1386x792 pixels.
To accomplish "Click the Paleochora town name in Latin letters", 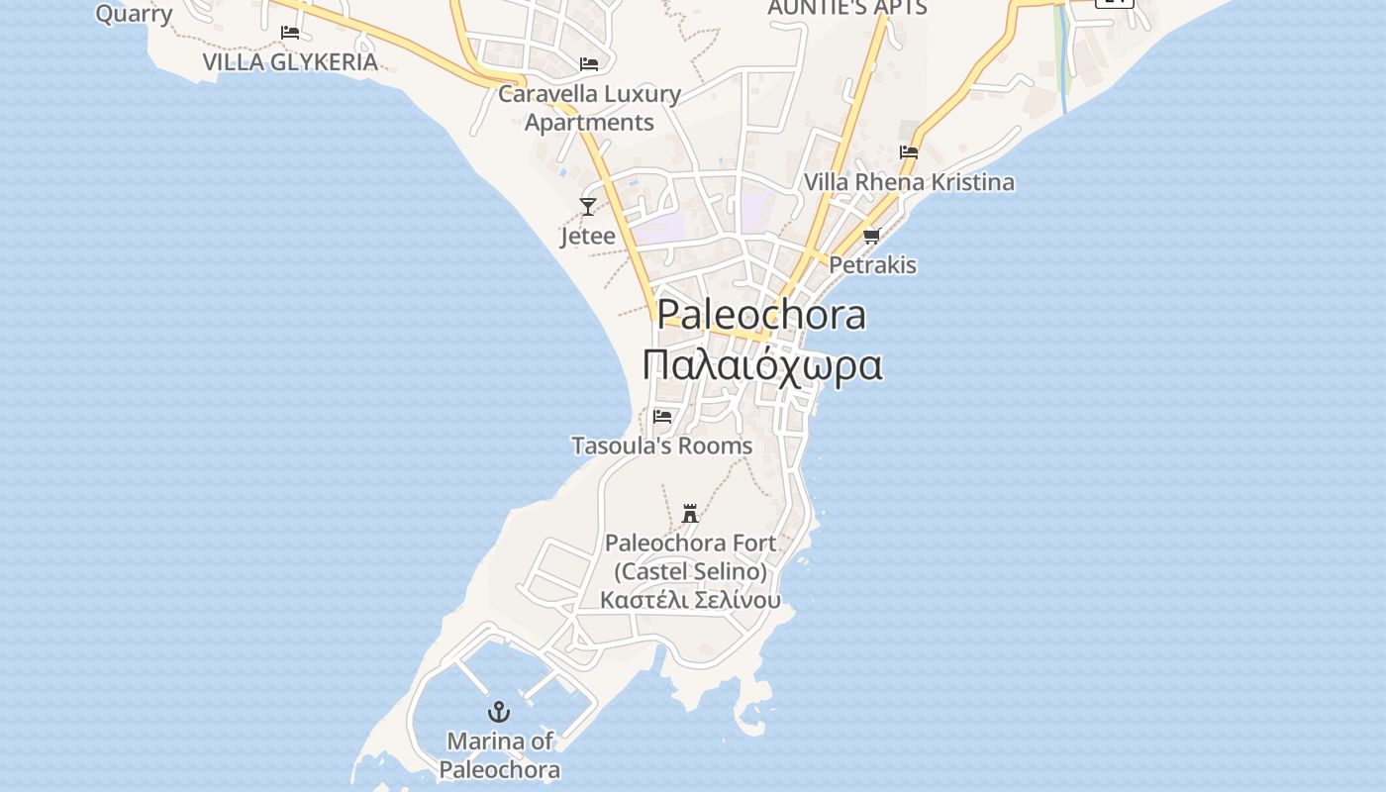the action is (761, 315).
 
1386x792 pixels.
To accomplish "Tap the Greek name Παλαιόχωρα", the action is (761, 364).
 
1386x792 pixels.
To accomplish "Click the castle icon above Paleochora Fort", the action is (690, 513).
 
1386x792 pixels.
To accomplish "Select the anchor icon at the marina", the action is (499, 712).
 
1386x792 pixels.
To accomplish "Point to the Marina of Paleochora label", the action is (500, 755).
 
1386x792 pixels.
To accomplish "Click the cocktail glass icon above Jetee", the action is (588, 207).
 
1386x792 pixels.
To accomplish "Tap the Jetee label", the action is (588, 237).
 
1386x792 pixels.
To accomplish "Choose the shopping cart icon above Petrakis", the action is (872, 236).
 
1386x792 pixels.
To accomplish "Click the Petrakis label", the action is (872, 265).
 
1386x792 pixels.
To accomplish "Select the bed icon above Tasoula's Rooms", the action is (662, 417).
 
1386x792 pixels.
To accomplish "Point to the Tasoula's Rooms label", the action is (662, 446).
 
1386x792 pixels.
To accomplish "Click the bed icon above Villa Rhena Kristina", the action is (909, 152).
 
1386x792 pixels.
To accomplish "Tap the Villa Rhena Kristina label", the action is (909, 182).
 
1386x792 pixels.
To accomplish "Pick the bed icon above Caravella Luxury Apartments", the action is (589, 64).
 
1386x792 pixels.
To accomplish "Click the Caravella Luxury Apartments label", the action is (589, 108).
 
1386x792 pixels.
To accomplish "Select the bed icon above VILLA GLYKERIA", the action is (290, 32).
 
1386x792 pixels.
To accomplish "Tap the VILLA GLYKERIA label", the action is (290, 61).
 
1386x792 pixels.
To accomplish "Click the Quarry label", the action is (134, 13).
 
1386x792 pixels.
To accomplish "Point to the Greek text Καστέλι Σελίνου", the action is (690, 600).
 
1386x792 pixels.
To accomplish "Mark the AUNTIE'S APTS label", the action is (847, 8).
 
